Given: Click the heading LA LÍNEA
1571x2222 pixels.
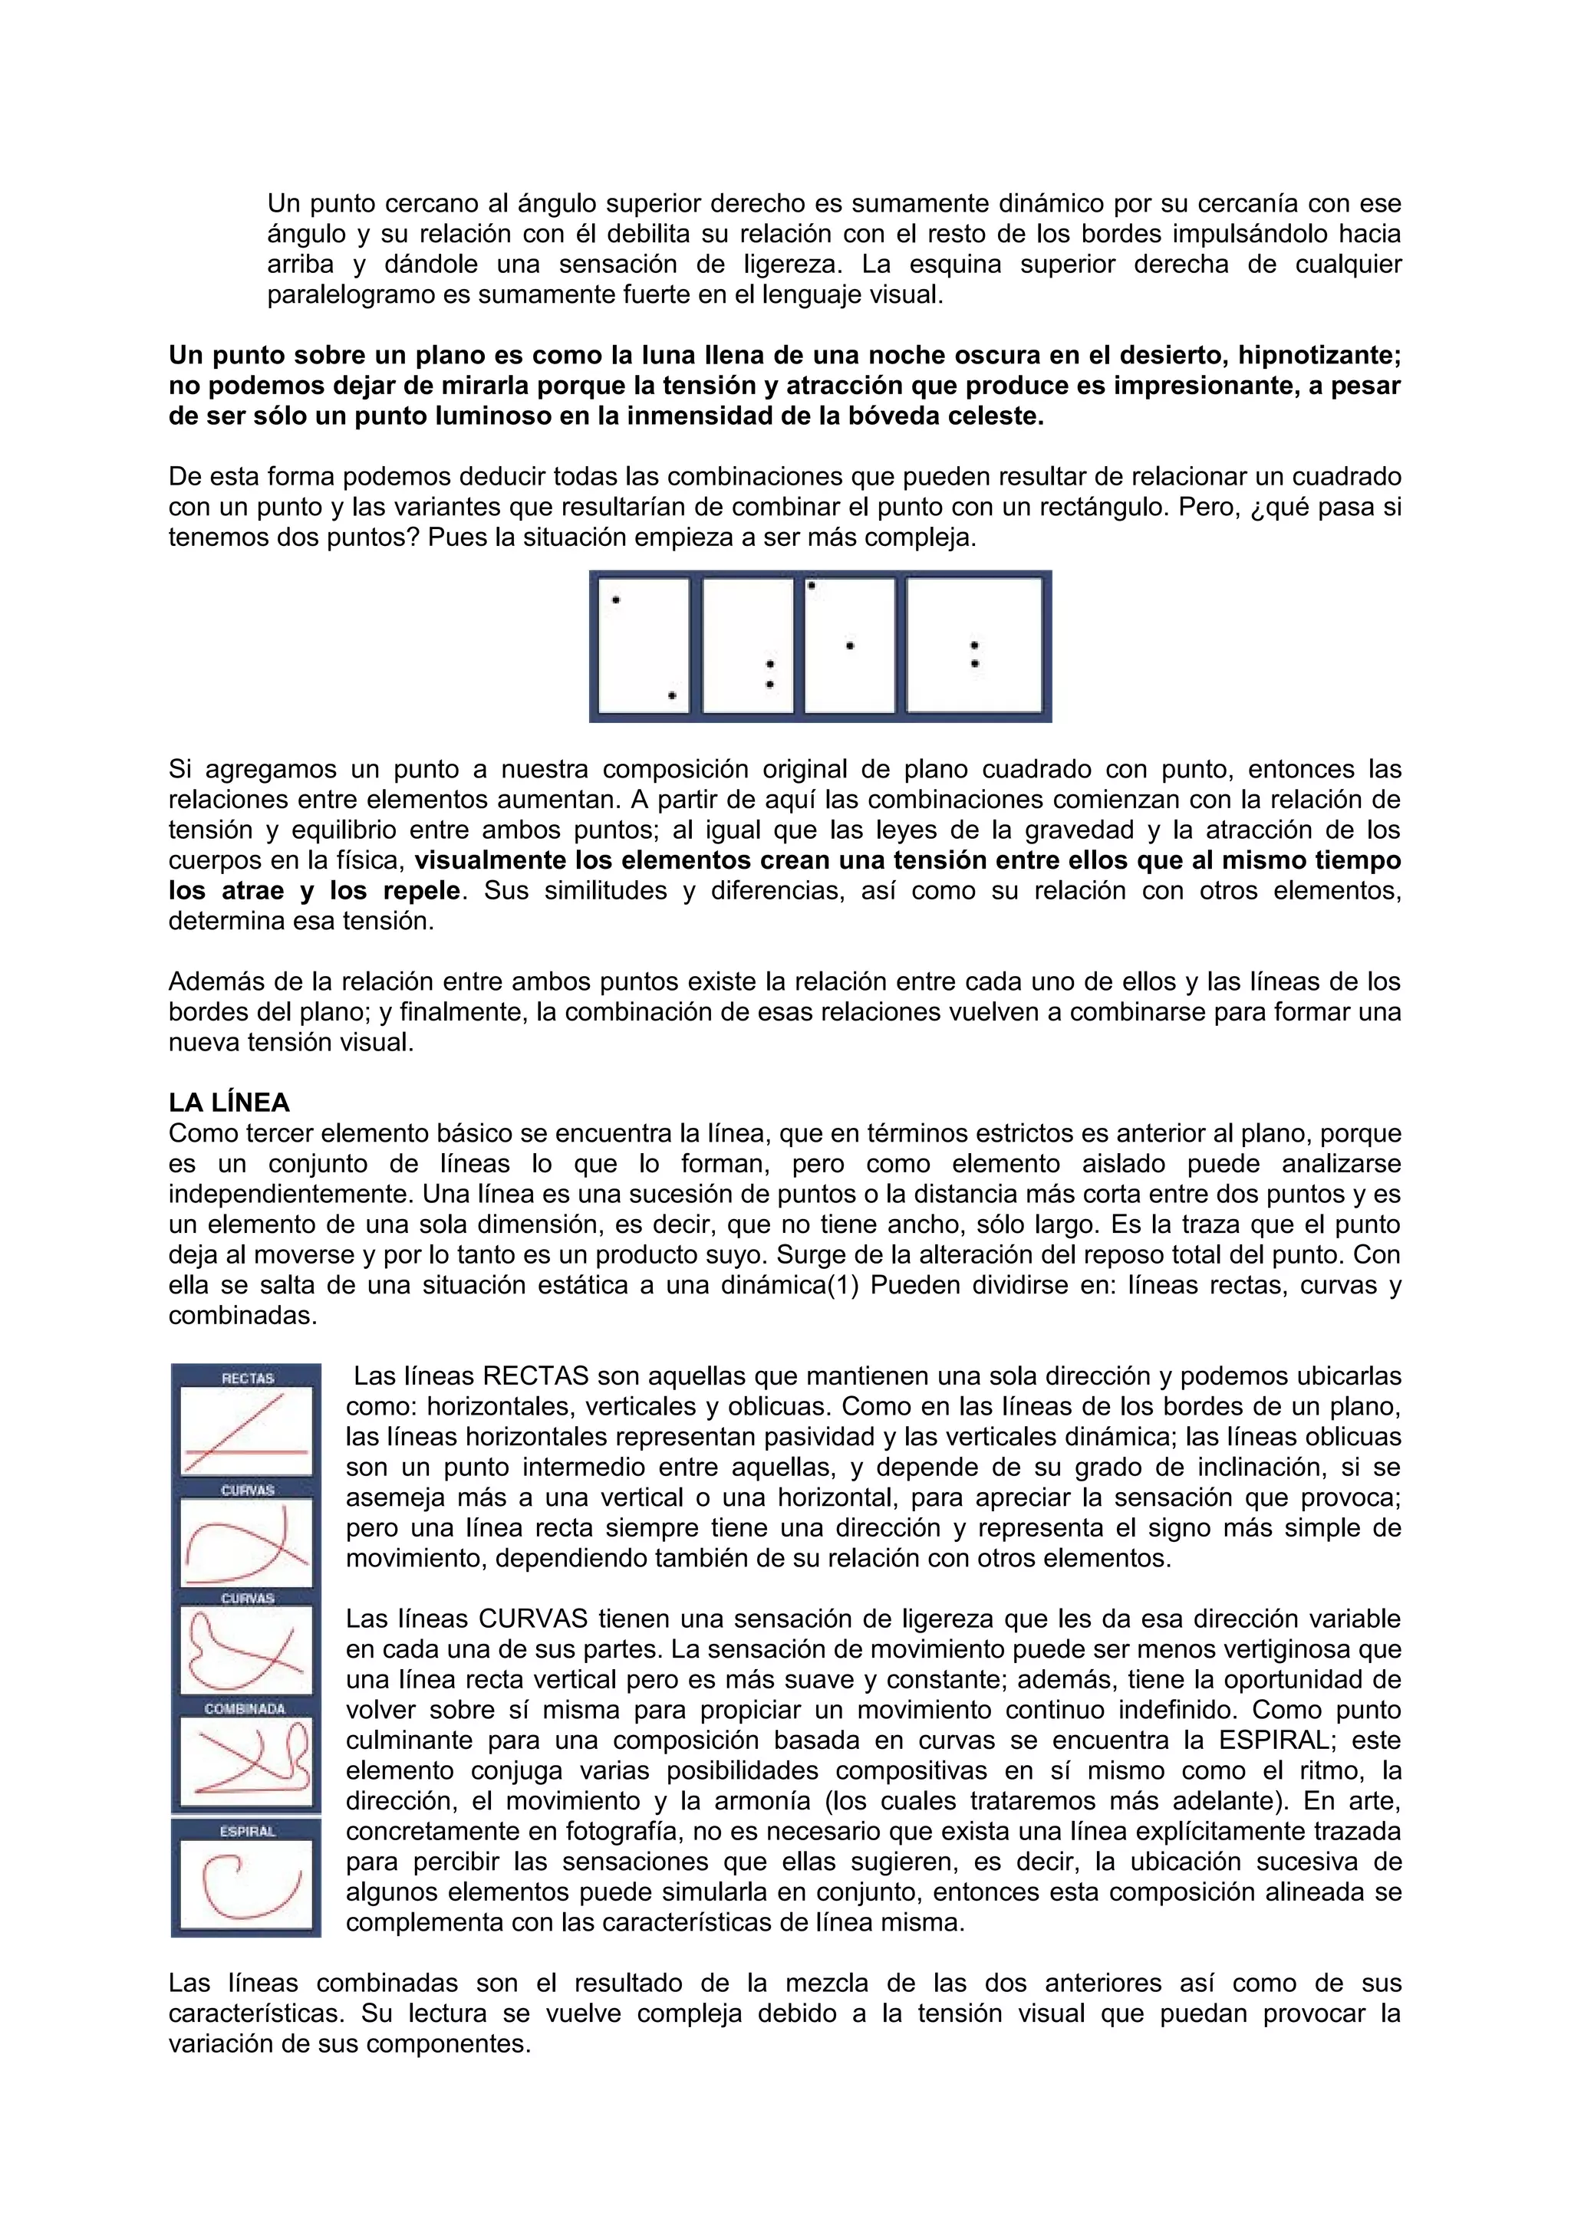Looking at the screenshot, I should [x=229, y=1103].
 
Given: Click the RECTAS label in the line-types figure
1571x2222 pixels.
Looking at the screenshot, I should [x=248, y=1377].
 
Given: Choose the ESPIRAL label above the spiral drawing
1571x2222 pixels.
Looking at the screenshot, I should [x=248, y=1831].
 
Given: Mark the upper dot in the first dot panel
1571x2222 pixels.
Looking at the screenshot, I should [x=616, y=601].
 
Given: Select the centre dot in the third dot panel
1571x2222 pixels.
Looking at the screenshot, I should [x=850, y=646].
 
